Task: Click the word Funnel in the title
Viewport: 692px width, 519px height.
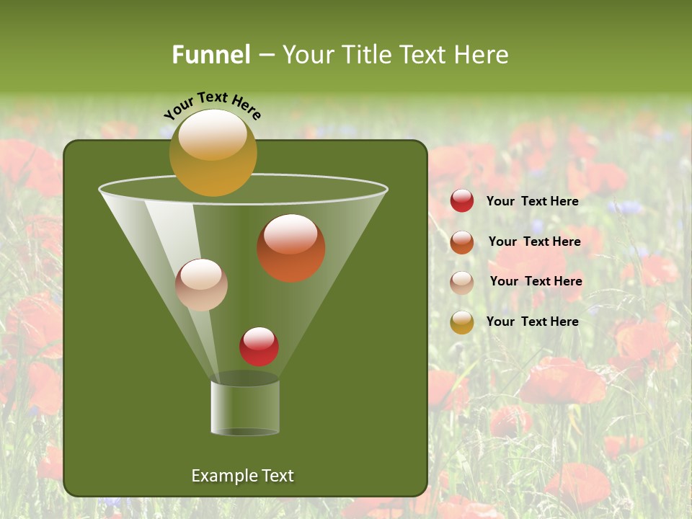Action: point(210,55)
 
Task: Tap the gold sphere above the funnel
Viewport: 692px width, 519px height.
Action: point(213,152)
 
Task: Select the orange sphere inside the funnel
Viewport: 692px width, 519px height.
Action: point(290,248)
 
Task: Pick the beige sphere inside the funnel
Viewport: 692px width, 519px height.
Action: point(201,285)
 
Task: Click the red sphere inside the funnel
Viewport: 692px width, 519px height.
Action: point(259,346)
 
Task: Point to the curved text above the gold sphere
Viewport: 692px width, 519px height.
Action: point(212,105)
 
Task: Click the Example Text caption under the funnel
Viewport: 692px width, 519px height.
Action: point(242,476)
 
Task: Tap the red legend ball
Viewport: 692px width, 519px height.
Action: point(461,201)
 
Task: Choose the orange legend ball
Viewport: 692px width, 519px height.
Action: point(461,241)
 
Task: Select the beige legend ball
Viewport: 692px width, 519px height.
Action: point(461,282)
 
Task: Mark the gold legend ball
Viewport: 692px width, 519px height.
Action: point(461,321)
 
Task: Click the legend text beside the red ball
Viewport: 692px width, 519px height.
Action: point(532,201)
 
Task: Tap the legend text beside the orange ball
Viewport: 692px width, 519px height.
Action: point(534,241)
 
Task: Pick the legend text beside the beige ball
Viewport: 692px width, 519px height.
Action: point(536,281)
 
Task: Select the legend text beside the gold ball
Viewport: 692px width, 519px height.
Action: point(532,321)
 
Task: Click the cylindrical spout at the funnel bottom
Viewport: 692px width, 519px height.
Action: point(245,407)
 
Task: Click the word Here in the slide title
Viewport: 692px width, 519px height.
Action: point(484,55)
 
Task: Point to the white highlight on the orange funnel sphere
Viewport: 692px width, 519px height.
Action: point(290,234)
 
